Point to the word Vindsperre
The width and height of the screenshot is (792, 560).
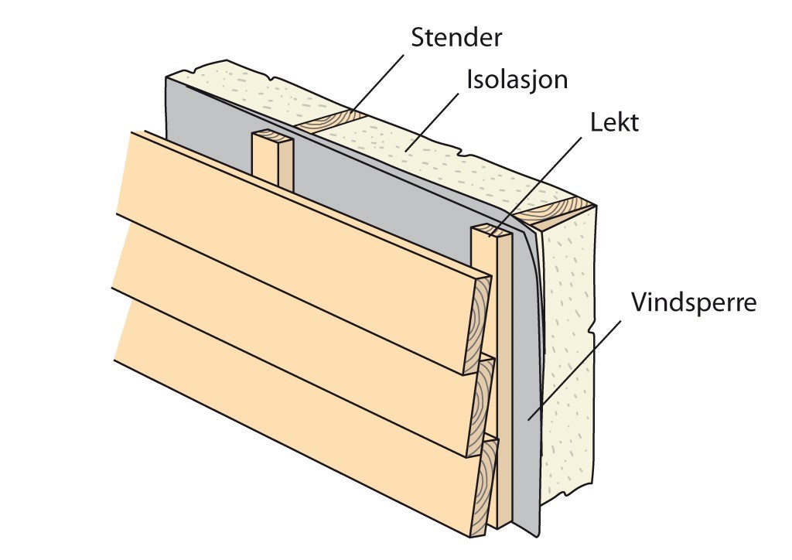coord(692,301)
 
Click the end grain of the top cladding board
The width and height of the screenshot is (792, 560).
coord(480,317)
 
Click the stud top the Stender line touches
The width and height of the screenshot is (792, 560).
coord(331,119)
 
